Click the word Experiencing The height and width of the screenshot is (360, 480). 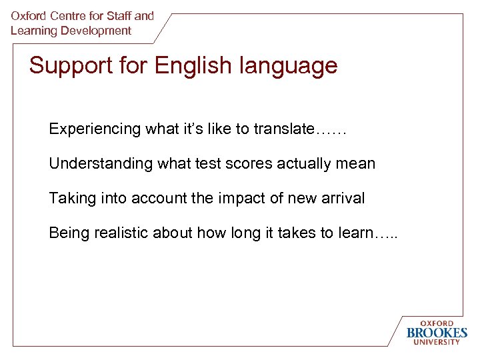click(95, 129)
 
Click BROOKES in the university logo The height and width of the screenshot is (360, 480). click(437, 333)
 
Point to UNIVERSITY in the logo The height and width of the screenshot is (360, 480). click(437, 343)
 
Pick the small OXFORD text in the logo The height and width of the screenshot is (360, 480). click(437, 323)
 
